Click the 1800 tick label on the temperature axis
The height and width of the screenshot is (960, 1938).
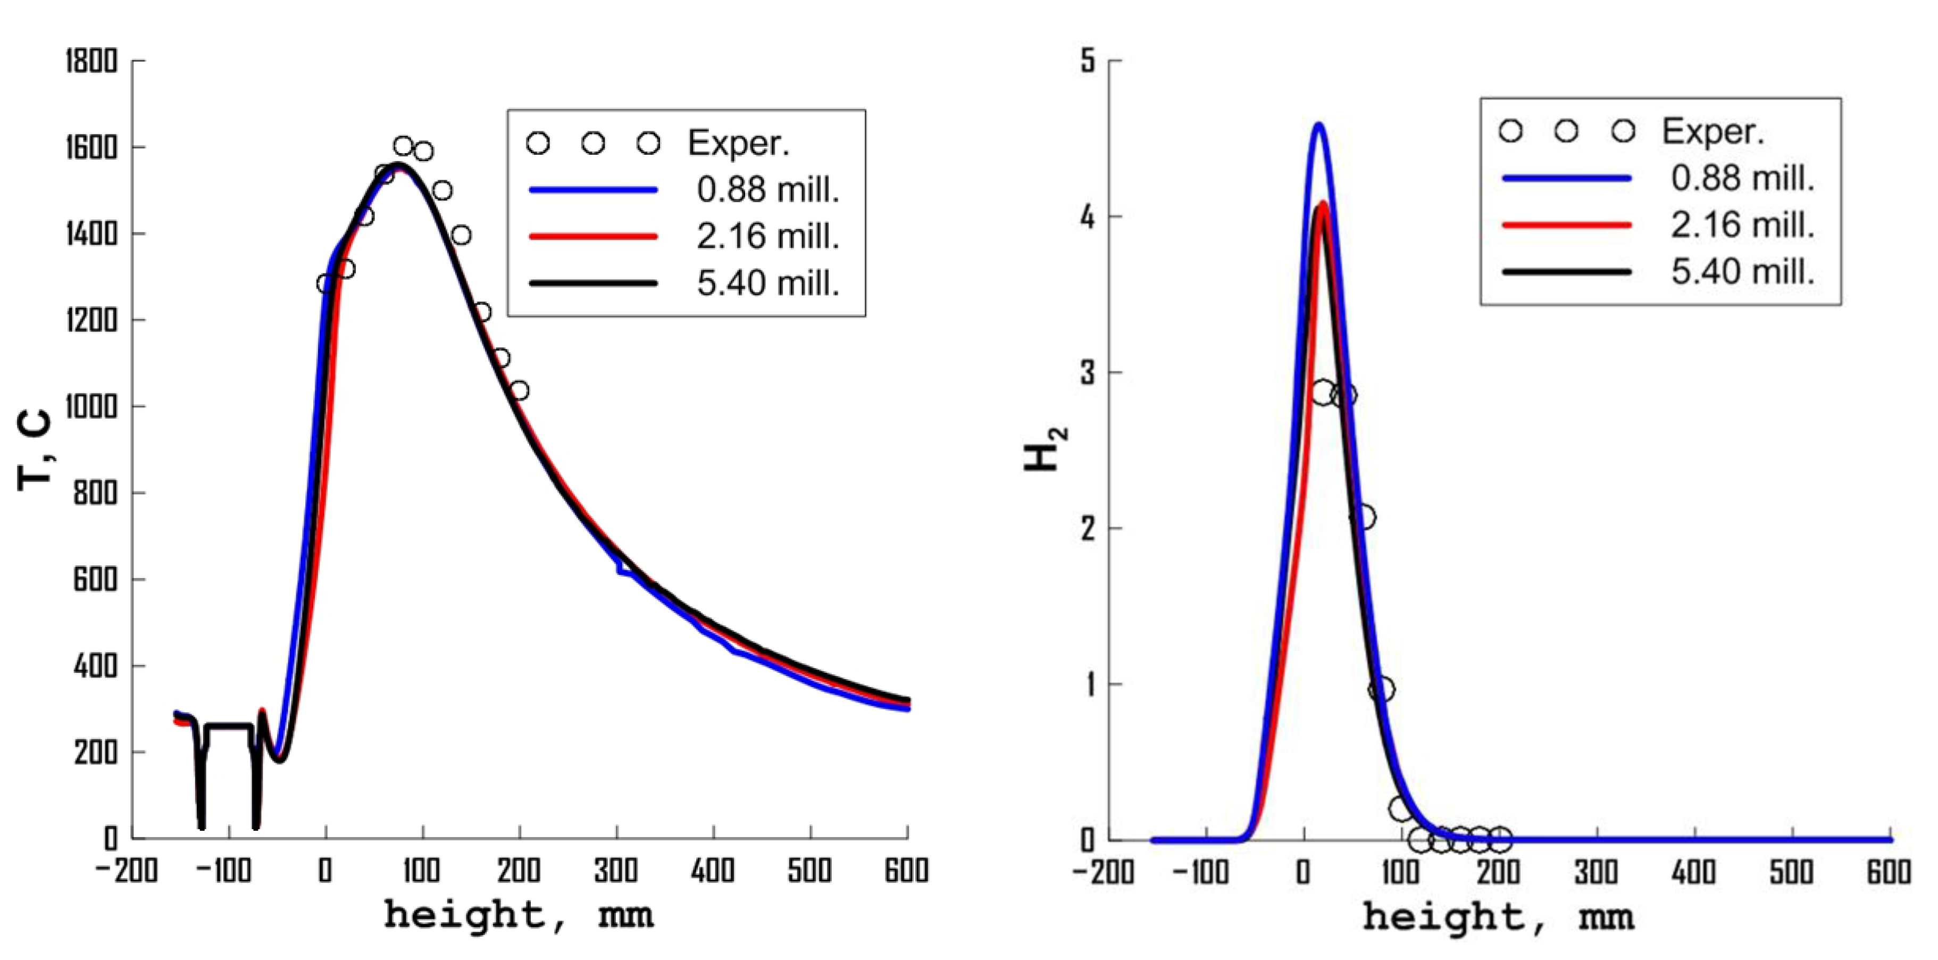[x=91, y=61]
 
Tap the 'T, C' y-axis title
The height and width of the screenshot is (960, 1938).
[x=34, y=450]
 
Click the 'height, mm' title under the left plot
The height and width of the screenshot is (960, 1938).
[x=519, y=916]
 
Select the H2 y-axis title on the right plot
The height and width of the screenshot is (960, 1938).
[x=1046, y=450]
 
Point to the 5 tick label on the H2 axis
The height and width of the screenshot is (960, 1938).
[x=1088, y=61]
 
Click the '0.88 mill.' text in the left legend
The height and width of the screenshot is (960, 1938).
[x=767, y=189]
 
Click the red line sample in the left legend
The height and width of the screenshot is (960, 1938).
[x=593, y=236]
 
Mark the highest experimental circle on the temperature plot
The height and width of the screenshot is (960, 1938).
[x=403, y=146]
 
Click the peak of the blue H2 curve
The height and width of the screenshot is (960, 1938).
[x=1318, y=125]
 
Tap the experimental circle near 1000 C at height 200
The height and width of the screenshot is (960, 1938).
[x=519, y=390]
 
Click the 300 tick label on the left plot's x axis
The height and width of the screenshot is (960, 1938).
[x=616, y=871]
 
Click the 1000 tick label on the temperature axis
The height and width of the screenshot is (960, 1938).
[x=91, y=407]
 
